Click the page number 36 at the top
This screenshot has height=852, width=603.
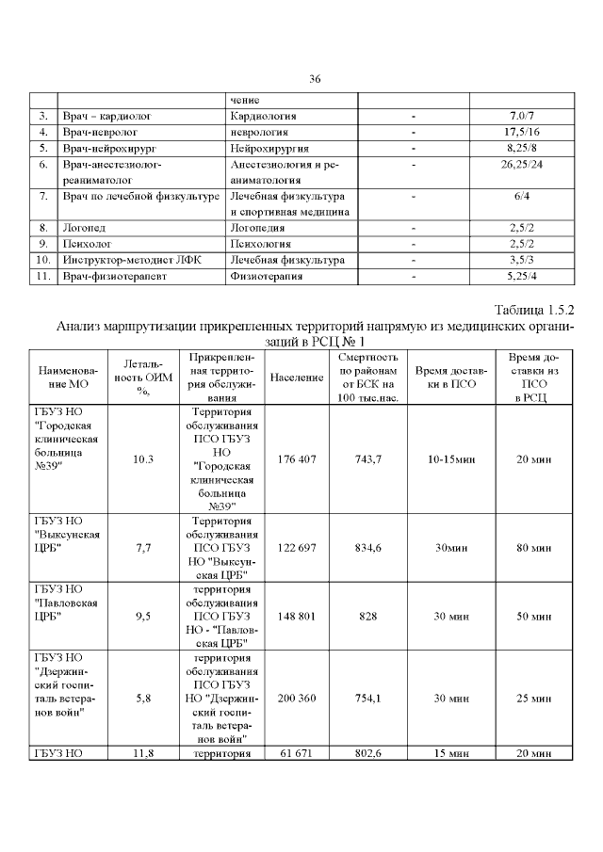click(316, 79)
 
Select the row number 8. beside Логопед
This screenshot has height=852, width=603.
click(43, 228)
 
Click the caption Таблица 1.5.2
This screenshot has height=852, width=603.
click(533, 310)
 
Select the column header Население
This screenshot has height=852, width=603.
click(298, 378)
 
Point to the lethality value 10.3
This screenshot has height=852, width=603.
click(143, 458)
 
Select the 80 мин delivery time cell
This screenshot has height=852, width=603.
click(534, 548)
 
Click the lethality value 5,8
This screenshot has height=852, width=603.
click(143, 699)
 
